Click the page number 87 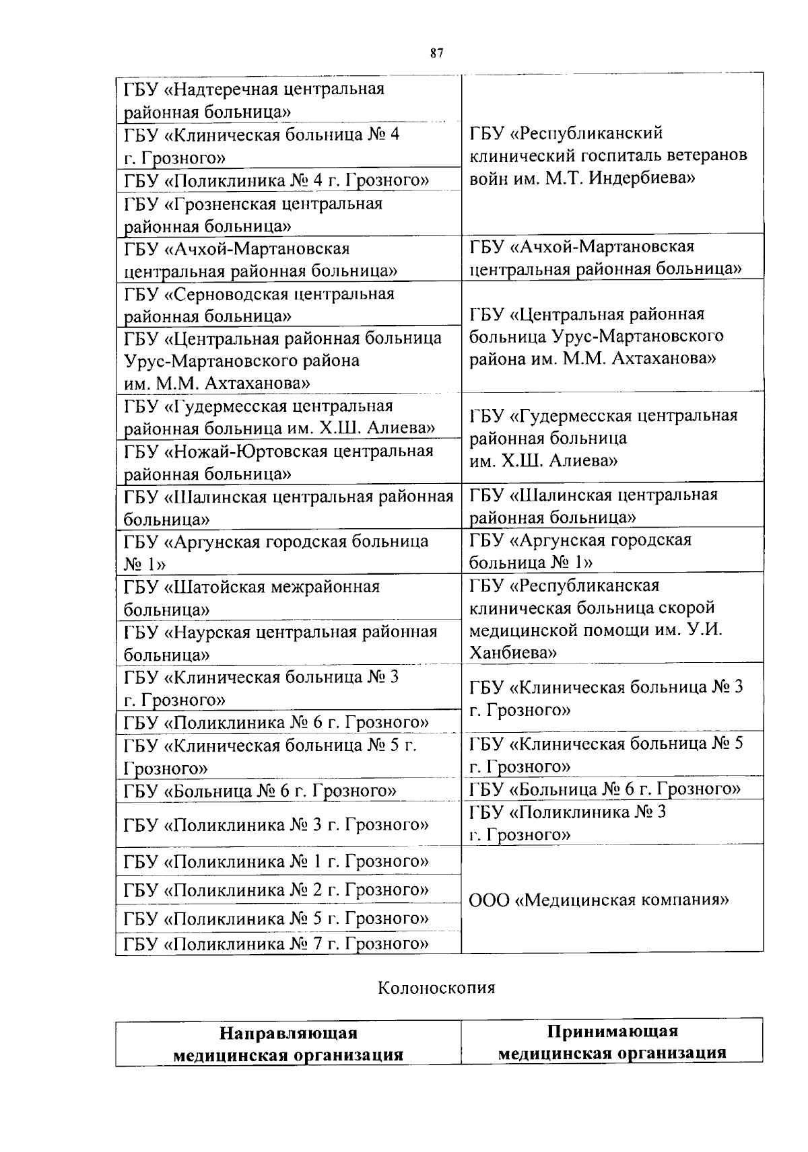click(436, 54)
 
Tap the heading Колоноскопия click(436, 988)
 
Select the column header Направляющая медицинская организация click(288, 1044)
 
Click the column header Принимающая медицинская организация click(612, 1042)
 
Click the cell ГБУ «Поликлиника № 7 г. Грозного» click(276, 943)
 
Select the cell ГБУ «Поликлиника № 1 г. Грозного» click(276, 861)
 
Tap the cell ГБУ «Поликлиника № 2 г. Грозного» click(276, 890)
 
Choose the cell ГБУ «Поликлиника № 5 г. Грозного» click(276, 919)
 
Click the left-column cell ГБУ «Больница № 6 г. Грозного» click(260, 790)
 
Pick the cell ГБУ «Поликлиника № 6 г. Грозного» click(276, 722)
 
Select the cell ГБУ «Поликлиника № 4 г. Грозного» click(276, 180)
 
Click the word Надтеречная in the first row click(224, 89)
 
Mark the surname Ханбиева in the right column click(512, 653)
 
